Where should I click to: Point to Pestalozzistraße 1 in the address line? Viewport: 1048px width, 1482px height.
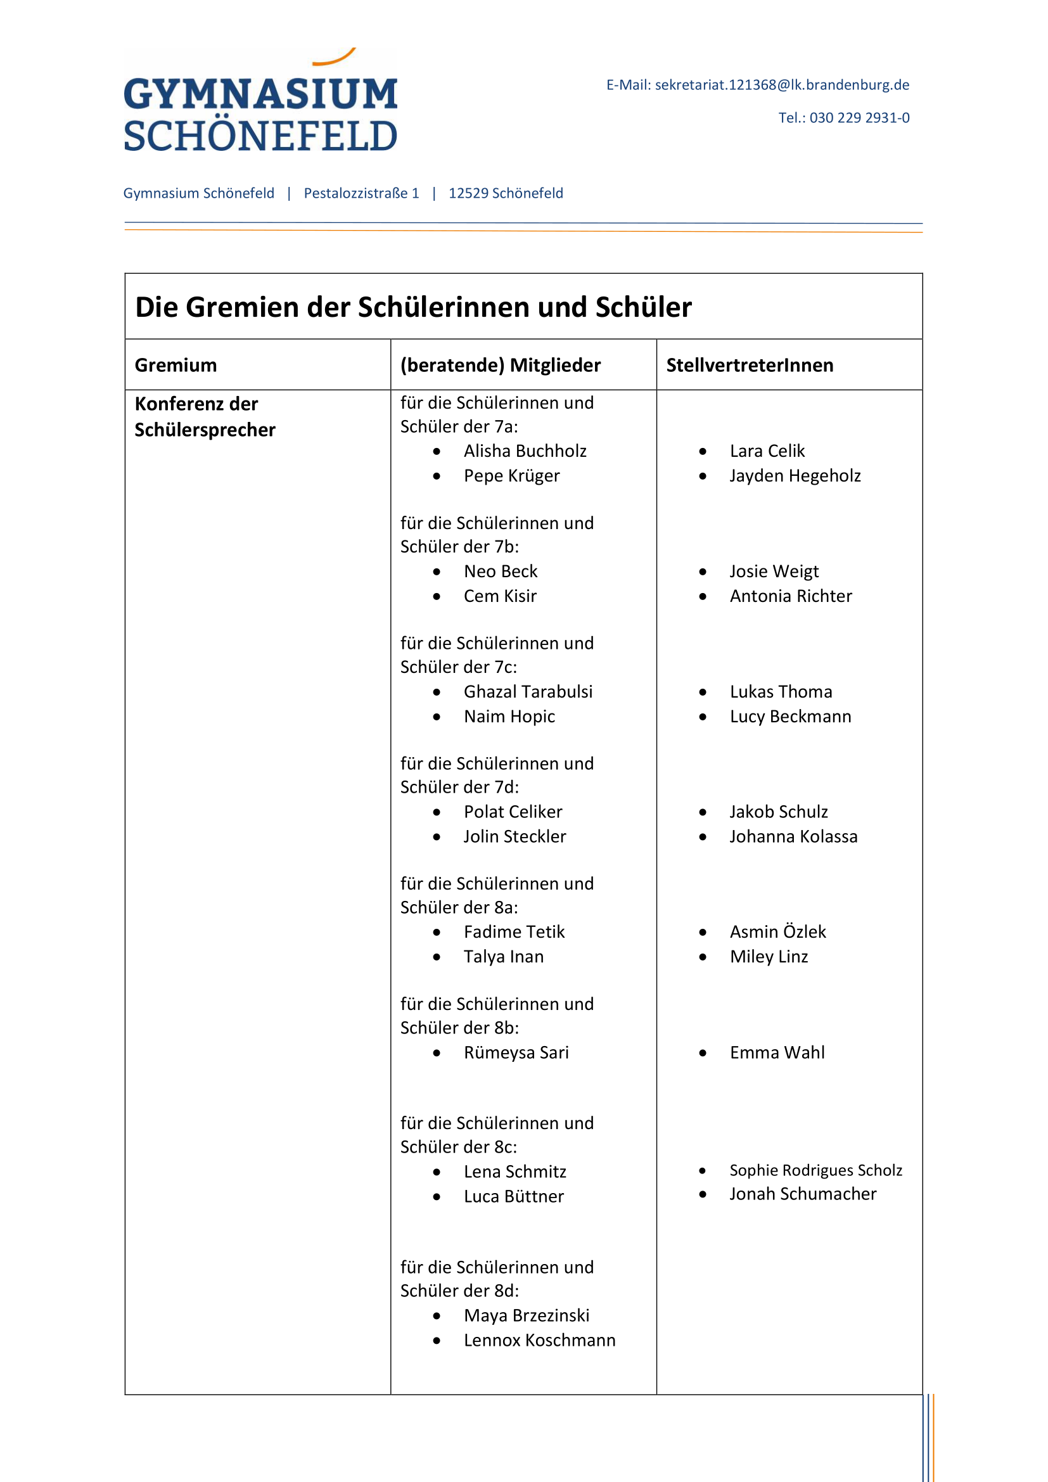click(x=361, y=194)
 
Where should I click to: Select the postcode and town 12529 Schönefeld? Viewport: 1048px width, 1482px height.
click(x=506, y=194)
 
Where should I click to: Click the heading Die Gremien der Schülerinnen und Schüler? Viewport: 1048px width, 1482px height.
click(x=413, y=307)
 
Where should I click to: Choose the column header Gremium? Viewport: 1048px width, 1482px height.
click(x=176, y=366)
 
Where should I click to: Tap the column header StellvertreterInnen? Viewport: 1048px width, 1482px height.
click(x=749, y=366)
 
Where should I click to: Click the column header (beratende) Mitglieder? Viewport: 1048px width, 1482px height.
click(x=500, y=366)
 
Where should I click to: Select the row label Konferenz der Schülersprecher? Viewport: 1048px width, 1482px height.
click(x=205, y=417)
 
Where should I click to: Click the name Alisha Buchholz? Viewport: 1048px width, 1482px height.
click(x=525, y=451)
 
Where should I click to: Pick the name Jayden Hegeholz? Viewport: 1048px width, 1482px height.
click(x=795, y=476)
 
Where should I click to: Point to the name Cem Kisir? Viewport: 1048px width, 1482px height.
click(x=500, y=596)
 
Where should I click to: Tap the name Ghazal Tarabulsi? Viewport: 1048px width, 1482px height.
click(x=528, y=692)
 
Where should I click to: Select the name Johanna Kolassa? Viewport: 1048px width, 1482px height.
click(x=793, y=836)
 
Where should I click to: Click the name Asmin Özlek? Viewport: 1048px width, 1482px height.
click(x=777, y=932)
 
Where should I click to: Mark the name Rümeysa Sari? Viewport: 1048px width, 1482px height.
click(x=516, y=1053)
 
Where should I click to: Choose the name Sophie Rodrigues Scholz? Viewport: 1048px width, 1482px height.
click(x=815, y=1170)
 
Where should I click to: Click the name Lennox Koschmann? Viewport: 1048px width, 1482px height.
click(x=539, y=1341)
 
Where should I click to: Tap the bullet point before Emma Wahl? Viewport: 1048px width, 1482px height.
click(x=703, y=1054)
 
